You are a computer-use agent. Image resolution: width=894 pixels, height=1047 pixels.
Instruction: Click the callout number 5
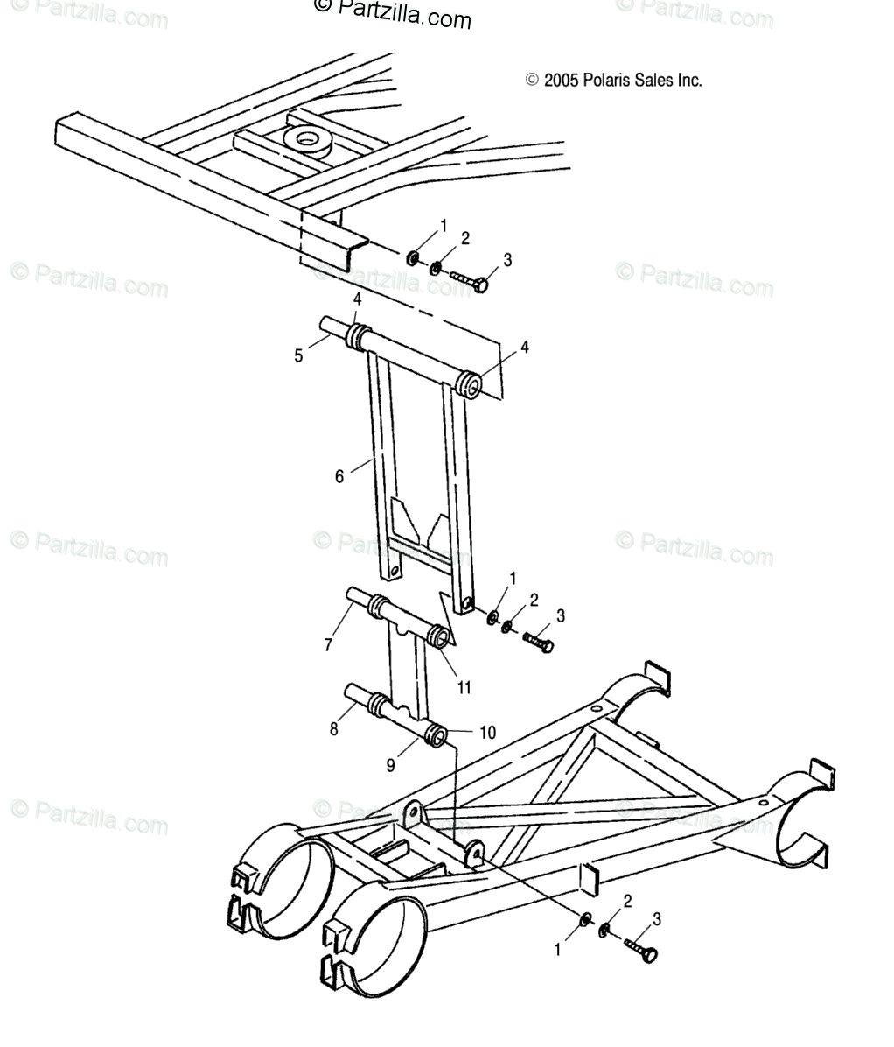coord(298,355)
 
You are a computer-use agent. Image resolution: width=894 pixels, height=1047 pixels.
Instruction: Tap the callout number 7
coord(329,645)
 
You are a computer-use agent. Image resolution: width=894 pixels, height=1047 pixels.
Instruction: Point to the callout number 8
coord(333,728)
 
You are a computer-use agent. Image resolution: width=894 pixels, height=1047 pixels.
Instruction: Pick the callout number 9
coord(392,765)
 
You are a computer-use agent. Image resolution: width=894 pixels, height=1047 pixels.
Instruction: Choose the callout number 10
coord(487,732)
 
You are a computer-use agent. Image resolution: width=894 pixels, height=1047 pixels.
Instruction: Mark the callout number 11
coord(464,687)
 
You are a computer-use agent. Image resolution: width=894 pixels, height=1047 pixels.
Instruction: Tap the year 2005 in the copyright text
coord(561,81)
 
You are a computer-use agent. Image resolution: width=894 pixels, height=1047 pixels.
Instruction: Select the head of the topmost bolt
coord(480,285)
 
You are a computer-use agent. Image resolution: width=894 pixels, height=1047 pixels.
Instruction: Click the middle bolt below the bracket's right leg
coord(540,643)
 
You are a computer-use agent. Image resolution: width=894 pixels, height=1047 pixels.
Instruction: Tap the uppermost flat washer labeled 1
coord(411,259)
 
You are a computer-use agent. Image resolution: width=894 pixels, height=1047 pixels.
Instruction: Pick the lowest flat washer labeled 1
coord(585,918)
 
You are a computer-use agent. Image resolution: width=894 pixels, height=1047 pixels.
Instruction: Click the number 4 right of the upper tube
coord(525,348)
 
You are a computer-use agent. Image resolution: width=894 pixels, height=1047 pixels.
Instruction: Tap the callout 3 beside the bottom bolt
coord(657,918)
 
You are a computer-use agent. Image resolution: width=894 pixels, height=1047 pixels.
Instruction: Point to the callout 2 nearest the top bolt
coord(464,238)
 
